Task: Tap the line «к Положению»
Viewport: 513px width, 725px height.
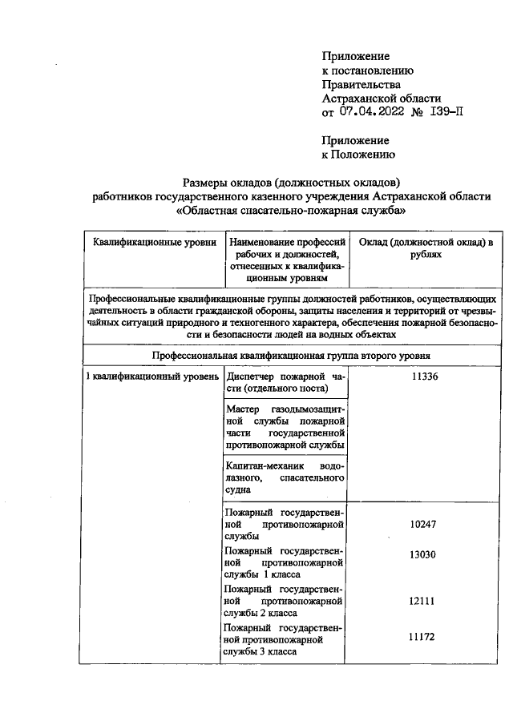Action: point(357,155)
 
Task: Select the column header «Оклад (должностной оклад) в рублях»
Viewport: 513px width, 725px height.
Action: point(425,248)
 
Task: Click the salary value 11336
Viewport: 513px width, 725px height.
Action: point(424,377)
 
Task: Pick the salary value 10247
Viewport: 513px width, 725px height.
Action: point(424,524)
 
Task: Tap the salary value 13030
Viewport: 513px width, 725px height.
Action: point(424,556)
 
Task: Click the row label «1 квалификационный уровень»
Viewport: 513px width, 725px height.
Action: point(152,377)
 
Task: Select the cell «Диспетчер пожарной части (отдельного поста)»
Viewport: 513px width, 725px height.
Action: point(285,382)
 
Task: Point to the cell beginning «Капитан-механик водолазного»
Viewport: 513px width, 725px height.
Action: point(285,477)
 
